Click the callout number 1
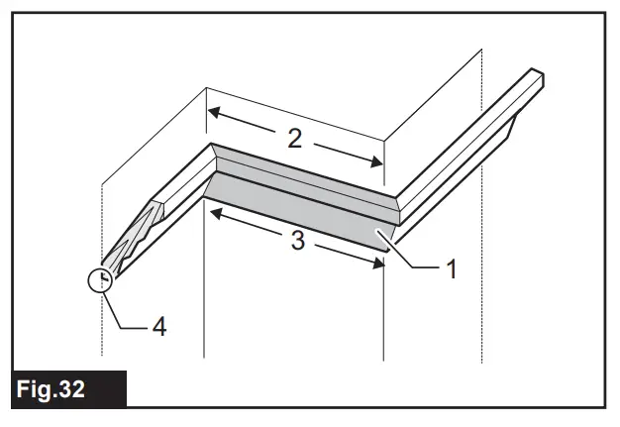point(452,267)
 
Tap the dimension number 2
point(294,138)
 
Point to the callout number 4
point(159,324)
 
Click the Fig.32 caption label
point(65,389)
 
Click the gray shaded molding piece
point(297,198)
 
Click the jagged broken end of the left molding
point(139,233)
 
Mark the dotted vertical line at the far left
point(102,327)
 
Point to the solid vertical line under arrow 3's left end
point(204,297)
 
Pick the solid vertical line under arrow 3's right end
point(384,317)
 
